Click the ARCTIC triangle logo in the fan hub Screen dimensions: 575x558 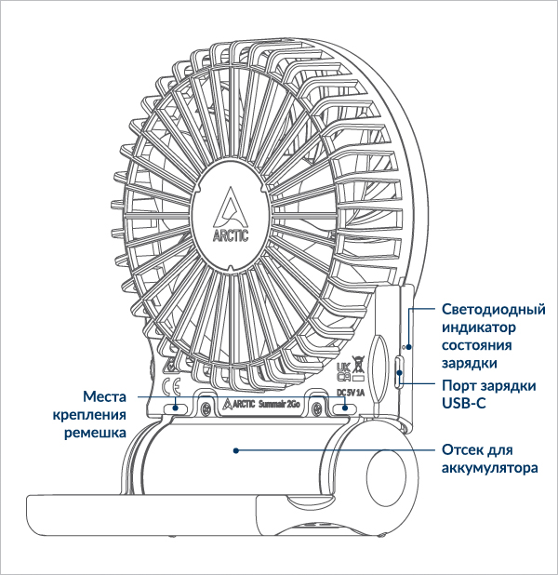[231, 206]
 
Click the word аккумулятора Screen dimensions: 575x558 [489, 467]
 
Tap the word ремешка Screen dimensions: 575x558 [96, 433]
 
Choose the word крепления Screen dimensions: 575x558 [89, 415]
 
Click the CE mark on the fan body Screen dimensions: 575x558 [171, 387]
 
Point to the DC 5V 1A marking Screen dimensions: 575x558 [350, 392]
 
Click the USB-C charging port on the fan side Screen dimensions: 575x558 [399, 373]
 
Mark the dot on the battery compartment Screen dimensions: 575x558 [237, 450]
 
